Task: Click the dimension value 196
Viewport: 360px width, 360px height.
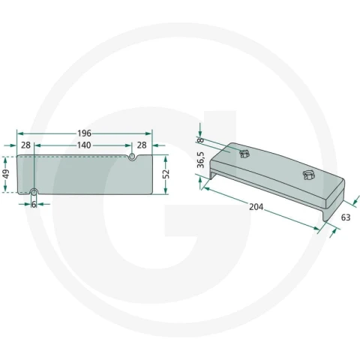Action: pos(84,133)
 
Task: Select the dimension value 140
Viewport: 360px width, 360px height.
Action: pos(84,145)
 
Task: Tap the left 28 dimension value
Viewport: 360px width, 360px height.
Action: pos(25,145)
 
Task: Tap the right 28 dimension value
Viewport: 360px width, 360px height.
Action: pos(142,145)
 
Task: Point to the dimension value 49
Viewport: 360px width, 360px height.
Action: pos(6,174)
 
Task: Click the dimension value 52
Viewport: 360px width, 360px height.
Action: pos(166,174)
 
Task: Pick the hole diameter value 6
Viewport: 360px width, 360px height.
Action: pos(34,205)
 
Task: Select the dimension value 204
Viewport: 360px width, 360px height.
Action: pos(256,207)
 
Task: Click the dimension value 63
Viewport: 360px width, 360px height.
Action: pos(346,217)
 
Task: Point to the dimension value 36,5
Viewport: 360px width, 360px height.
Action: pos(201,160)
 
